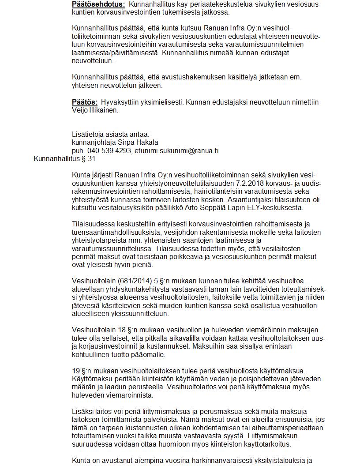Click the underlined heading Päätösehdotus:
[98, 4]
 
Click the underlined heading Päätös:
[85, 102]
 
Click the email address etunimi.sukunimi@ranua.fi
[177, 151]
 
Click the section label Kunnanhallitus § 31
[64, 159]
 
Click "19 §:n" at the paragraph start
[82, 371]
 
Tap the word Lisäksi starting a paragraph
[82, 412]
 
